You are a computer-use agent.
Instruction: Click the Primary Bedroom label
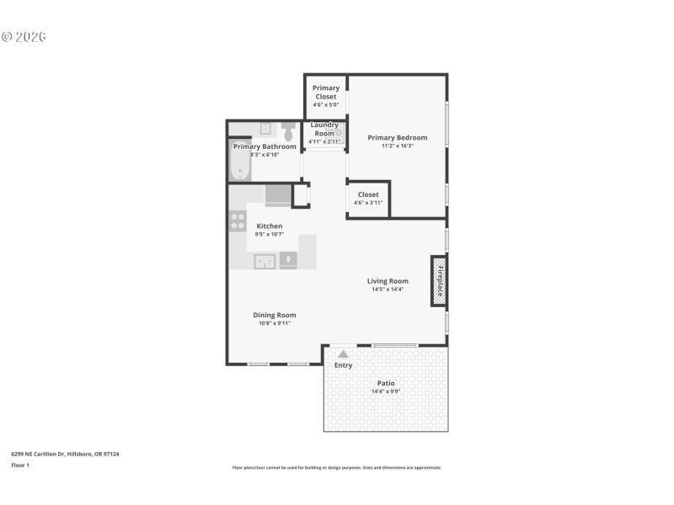[397, 137]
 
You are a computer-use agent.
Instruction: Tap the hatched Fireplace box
[438, 280]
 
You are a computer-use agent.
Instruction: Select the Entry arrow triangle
[343, 354]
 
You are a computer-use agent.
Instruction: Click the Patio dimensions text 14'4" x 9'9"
[386, 391]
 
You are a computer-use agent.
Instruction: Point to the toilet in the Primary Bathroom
[288, 132]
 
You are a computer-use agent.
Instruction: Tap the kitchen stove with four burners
[238, 221]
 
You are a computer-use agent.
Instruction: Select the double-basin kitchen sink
[265, 261]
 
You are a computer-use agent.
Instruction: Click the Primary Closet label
[326, 92]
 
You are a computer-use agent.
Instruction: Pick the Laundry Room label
[324, 130]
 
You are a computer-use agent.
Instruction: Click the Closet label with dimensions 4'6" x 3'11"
[368, 194]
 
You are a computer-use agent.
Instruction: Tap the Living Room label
[388, 281]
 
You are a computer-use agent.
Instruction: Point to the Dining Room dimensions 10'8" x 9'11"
[275, 323]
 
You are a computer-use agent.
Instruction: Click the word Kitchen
[270, 226]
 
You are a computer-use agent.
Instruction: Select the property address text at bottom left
[65, 454]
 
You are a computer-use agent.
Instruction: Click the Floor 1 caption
[20, 465]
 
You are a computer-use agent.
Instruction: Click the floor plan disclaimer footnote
[336, 467]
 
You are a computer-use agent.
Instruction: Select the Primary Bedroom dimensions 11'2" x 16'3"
[397, 146]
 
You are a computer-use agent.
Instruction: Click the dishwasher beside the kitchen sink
[288, 261]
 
